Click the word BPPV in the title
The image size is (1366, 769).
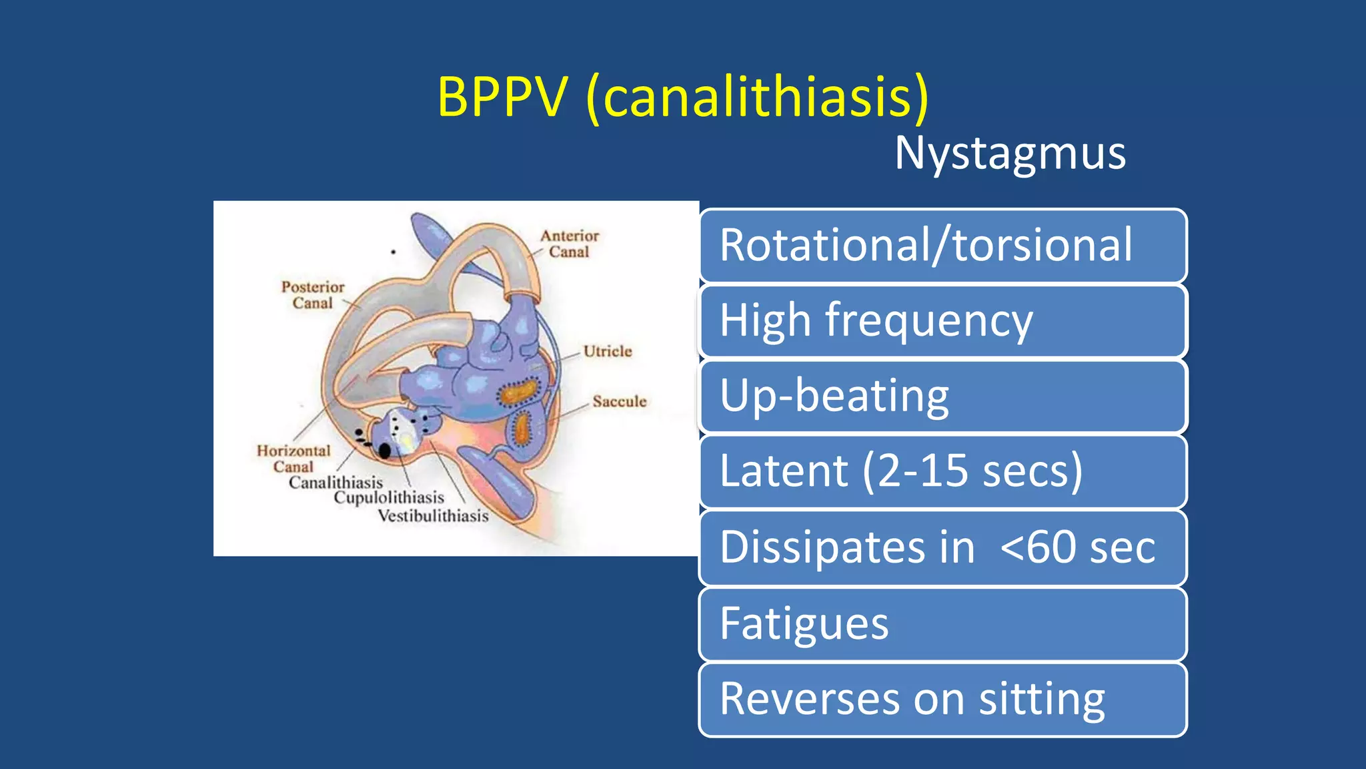pos(502,97)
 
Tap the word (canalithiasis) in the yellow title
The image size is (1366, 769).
pos(758,97)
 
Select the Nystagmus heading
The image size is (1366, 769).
pos(1010,154)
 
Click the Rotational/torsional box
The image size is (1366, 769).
pos(942,245)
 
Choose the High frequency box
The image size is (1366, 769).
pos(942,320)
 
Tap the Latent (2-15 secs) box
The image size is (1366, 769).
pos(942,471)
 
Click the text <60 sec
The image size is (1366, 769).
pos(1078,547)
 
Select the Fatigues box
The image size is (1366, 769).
pos(942,623)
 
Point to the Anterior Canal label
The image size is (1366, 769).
pos(569,244)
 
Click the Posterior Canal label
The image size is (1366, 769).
pos(312,295)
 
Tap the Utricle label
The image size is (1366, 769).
pos(607,351)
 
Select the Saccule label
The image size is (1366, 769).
pos(620,401)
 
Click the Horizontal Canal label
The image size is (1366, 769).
pos(293,459)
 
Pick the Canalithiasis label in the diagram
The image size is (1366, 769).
pos(335,482)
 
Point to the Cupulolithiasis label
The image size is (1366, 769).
pos(389,498)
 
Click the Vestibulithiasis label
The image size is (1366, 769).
pos(433,516)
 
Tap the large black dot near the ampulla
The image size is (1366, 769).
pos(385,451)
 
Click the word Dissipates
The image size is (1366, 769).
pos(847,547)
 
